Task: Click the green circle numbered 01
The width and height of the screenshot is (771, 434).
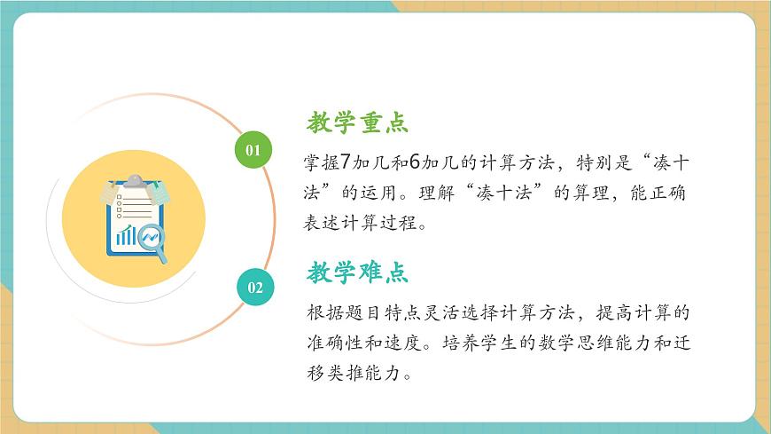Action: point(253,149)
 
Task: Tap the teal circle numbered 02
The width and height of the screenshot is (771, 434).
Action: point(254,287)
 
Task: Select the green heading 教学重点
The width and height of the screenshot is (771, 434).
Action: point(357,122)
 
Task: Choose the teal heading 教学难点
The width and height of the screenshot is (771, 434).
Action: point(357,272)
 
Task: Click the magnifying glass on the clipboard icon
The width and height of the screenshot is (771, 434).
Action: point(154,241)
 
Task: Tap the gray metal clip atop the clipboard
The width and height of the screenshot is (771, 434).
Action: point(134,182)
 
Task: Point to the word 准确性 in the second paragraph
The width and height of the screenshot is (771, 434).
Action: point(336,343)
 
